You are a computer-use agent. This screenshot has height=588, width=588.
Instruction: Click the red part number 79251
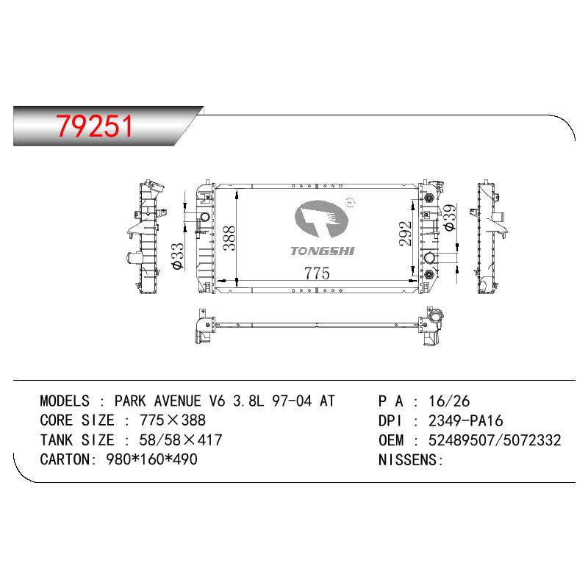tap(95, 126)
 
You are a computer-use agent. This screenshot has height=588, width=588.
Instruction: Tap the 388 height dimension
tap(229, 238)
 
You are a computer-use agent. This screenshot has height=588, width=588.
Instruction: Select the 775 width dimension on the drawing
tap(317, 273)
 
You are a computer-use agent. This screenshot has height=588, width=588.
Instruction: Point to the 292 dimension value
tap(406, 234)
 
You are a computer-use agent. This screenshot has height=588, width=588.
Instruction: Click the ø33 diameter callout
tap(177, 256)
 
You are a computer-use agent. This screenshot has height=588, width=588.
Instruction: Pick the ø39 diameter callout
tap(449, 217)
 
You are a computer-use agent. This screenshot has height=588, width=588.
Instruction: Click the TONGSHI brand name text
tap(323, 251)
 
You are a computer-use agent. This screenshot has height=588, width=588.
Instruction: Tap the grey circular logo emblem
tap(321, 219)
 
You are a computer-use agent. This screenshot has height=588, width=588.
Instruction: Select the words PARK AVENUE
tap(157, 401)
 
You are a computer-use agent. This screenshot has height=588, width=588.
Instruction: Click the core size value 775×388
tap(173, 420)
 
